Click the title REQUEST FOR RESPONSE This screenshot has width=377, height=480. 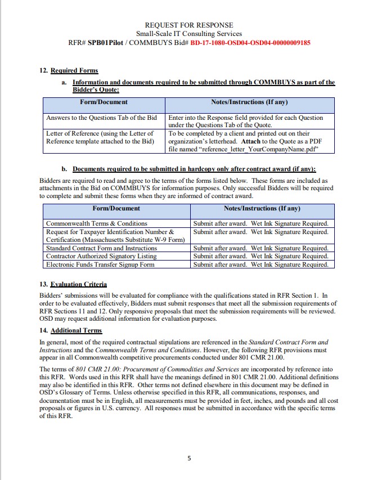(188, 25)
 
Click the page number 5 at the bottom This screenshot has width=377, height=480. (189, 458)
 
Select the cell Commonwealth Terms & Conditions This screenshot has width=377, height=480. (96, 223)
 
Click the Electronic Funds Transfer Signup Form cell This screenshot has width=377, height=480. (100, 264)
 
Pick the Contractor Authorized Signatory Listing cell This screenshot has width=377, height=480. (101, 256)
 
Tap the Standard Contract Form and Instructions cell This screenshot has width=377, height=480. (101, 248)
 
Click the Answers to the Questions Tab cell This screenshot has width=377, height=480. (101, 118)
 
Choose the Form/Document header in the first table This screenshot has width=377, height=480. (104, 102)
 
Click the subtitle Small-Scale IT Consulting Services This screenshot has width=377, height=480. (188, 34)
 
